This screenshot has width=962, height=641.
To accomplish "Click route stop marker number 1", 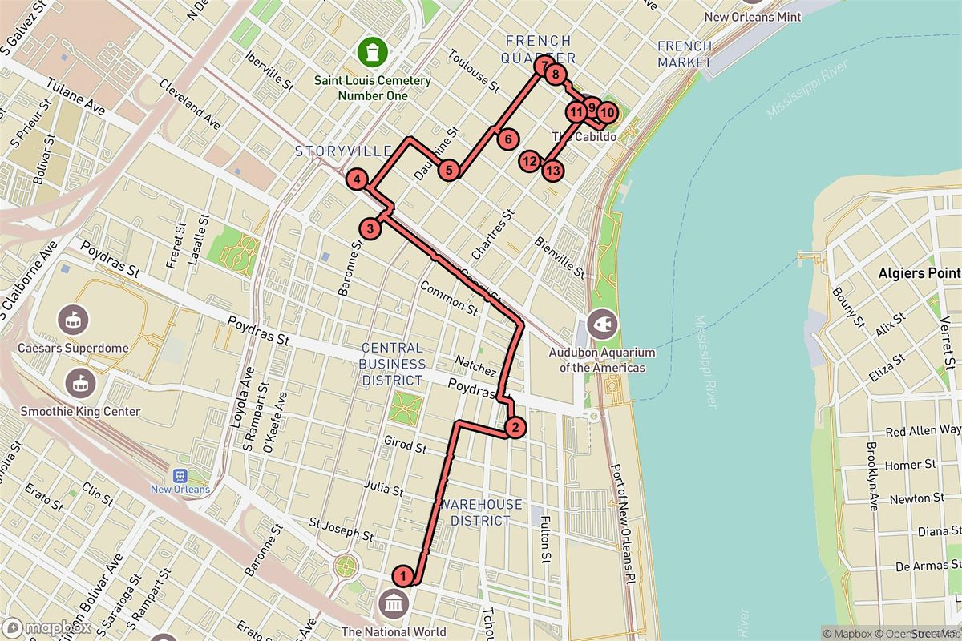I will pos(404,574).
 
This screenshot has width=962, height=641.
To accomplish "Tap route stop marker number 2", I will pos(515,427).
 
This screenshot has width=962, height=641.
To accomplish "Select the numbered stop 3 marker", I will pos(370,229).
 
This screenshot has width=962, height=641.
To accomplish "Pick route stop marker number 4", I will pos(357,180).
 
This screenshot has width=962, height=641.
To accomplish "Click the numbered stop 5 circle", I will pos(449,170).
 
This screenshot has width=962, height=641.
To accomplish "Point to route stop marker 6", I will pos(507,139).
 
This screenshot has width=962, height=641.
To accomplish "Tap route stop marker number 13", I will pos(552,170).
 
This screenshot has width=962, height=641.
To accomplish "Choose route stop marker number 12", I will pos(528,162).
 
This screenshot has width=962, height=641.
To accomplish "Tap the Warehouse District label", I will pos(481,513).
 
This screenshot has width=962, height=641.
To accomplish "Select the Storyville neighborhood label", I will pos(342,151).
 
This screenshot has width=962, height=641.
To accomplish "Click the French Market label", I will pos(684,54).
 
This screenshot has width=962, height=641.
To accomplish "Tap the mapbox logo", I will pos(46,627).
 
